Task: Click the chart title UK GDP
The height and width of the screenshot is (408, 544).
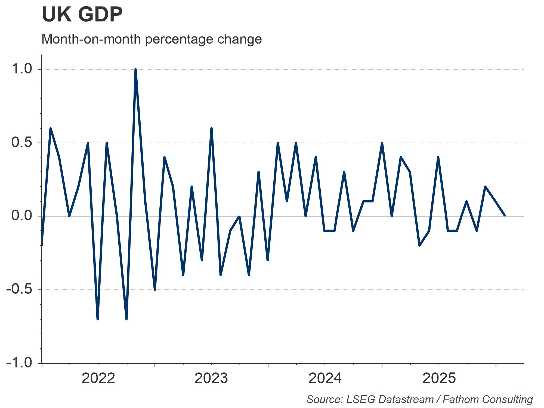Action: coord(82,15)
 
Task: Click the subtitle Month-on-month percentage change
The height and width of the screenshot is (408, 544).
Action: coord(152,39)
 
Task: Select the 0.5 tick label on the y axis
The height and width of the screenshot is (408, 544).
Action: coord(22,143)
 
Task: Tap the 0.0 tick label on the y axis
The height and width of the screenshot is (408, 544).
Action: coord(22,216)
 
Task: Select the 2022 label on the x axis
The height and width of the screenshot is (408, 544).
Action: coord(98,378)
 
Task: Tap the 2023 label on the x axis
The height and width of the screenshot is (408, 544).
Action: coord(211,378)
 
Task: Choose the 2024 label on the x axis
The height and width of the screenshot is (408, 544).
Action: coord(325,378)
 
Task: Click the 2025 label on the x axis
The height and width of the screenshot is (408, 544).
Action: coord(439,378)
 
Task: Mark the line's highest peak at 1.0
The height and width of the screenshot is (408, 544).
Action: coord(135,70)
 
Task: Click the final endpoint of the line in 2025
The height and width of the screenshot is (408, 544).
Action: coord(505,216)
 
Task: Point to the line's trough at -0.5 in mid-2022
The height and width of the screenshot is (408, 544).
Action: coord(155,289)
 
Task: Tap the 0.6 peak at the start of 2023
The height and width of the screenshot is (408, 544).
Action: coord(211,128)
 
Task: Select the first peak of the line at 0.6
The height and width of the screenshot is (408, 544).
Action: coord(51,128)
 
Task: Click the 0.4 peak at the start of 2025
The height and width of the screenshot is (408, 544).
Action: coord(438,157)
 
